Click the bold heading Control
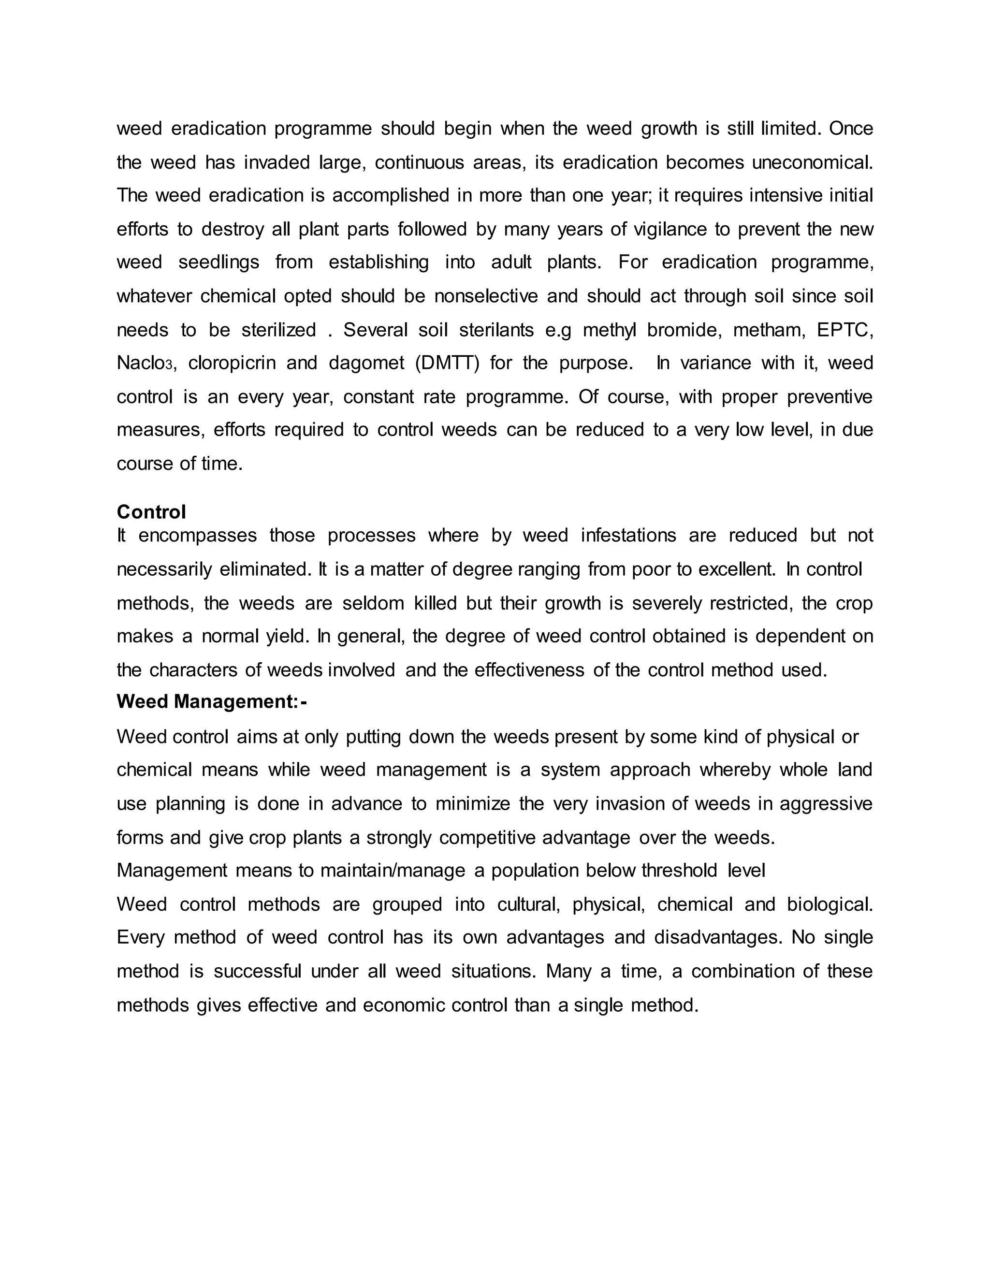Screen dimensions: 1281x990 point(151,512)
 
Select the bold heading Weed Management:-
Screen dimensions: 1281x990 point(212,701)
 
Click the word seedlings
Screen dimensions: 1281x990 point(219,262)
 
